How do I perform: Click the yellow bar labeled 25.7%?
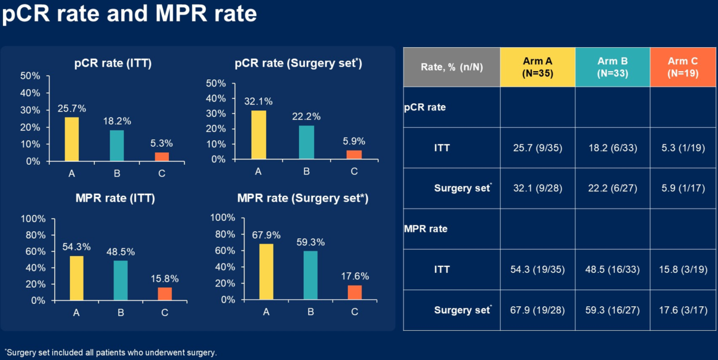(x=72, y=139)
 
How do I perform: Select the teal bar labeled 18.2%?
(x=117, y=146)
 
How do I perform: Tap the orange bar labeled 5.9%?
(x=355, y=155)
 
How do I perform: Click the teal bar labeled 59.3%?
(x=310, y=275)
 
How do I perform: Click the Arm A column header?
(x=538, y=67)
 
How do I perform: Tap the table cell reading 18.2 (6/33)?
(x=612, y=147)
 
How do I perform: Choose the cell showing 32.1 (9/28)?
(x=538, y=188)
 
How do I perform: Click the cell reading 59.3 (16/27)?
(x=612, y=310)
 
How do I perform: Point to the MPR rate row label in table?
(x=426, y=229)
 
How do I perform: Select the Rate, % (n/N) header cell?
(x=452, y=67)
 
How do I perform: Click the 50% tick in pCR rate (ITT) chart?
(x=30, y=76)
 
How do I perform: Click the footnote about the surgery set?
(x=110, y=352)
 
